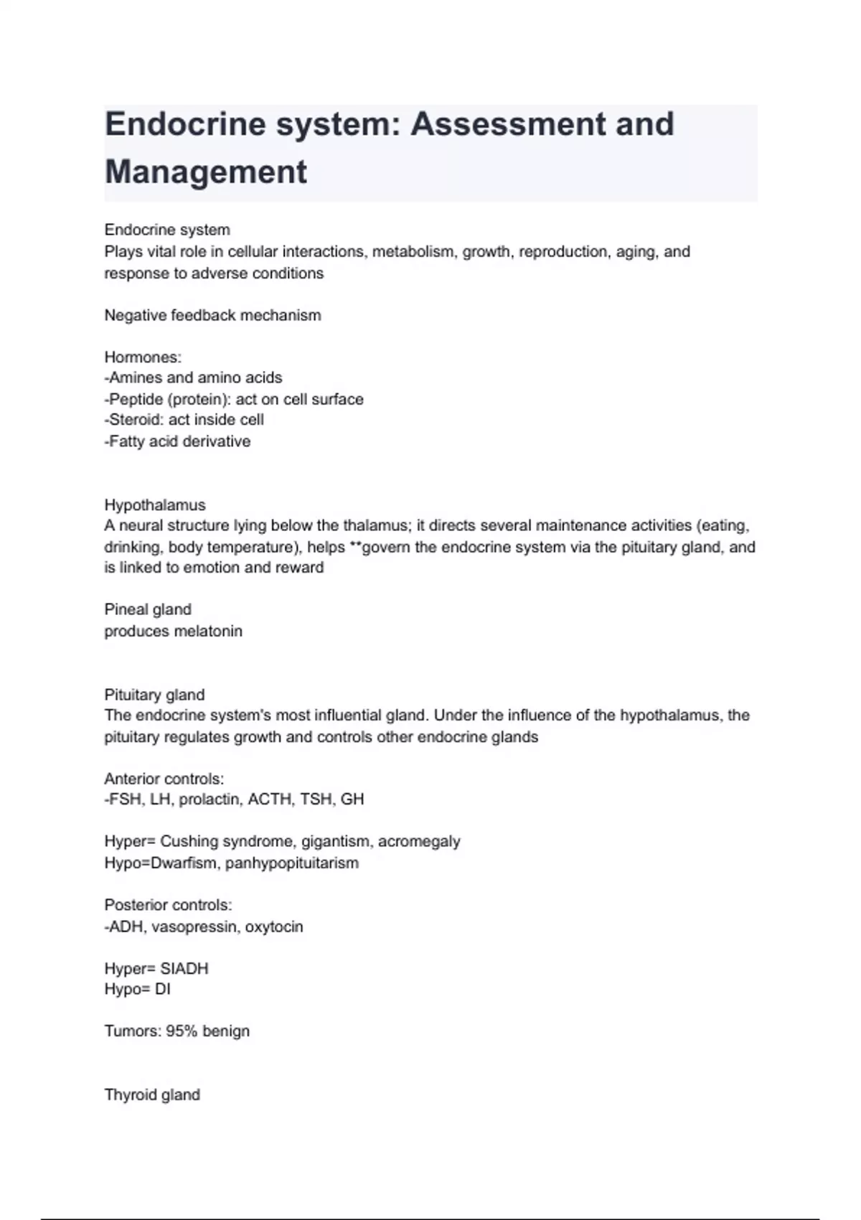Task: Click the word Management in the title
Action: tap(206, 172)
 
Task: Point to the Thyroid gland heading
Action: tap(152, 1095)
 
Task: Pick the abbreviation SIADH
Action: tap(184, 969)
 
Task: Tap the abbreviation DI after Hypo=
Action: tap(162, 990)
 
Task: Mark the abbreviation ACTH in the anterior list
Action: tap(269, 799)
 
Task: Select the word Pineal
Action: tap(126, 610)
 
